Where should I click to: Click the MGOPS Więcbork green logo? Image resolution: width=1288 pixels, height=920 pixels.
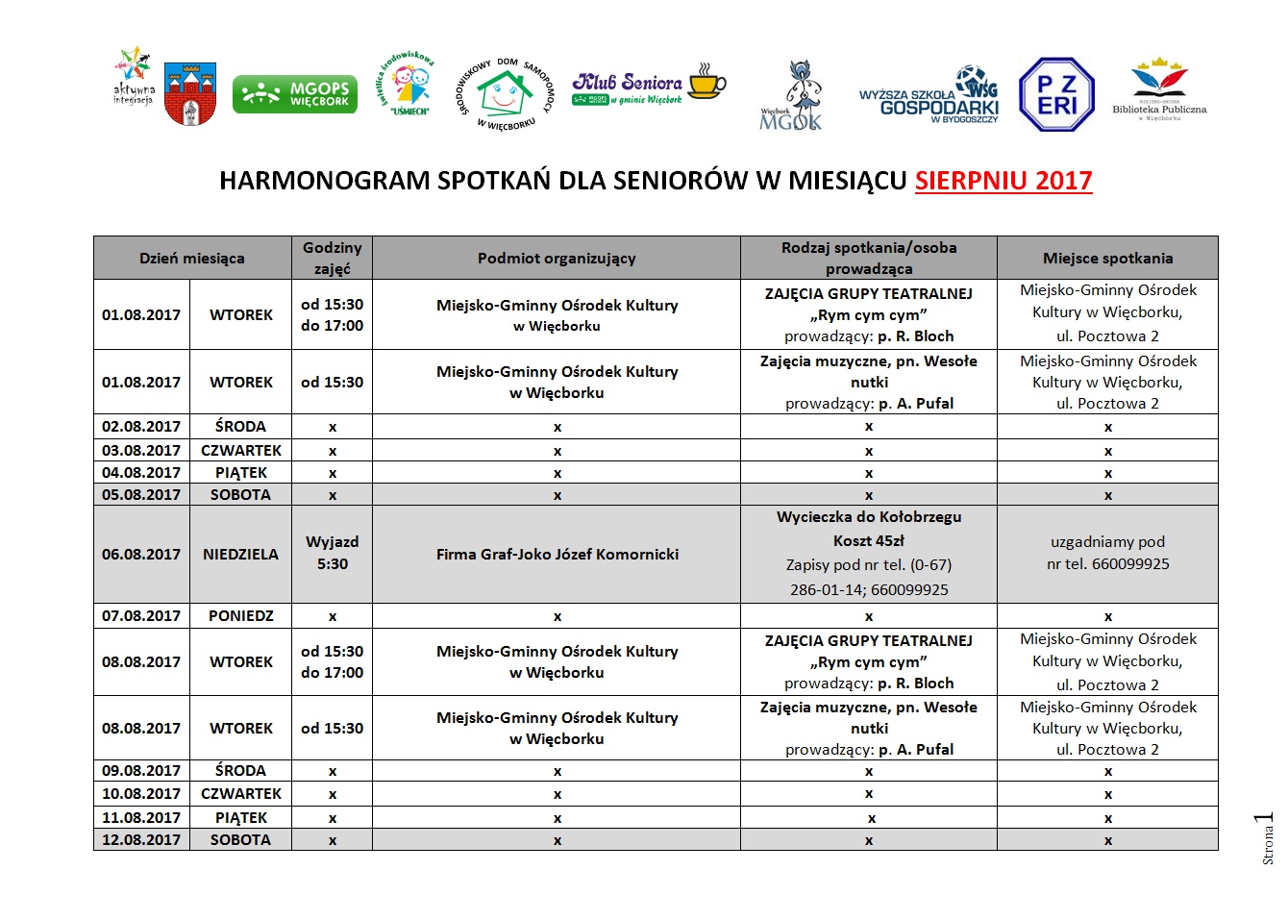[x=294, y=94]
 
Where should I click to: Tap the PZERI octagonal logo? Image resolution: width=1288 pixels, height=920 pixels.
[x=1056, y=94]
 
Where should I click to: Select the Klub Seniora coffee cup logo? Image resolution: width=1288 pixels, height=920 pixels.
[x=649, y=87]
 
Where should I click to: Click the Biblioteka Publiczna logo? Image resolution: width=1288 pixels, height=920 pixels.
[x=1159, y=89]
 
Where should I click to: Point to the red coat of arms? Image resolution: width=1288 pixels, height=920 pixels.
[x=190, y=94]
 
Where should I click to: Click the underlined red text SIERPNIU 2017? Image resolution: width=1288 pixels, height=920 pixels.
[x=1003, y=181]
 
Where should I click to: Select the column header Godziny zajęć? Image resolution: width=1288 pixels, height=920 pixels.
[x=332, y=258]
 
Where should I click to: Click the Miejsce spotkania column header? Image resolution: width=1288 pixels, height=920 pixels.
[x=1107, y=258]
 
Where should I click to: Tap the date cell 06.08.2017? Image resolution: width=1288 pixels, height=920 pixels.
[x=141, y=554]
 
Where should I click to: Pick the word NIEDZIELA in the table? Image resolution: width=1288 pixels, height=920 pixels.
[x=240, y=554]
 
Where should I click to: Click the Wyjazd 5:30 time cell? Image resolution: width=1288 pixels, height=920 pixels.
[x=332, y=553]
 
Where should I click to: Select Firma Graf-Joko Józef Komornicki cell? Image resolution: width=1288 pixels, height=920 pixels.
[x=557, y=554]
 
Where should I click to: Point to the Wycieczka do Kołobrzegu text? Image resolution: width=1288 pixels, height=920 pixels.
[x=868, y=517]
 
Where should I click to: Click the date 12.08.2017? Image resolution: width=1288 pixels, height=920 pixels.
[x=141, y=839]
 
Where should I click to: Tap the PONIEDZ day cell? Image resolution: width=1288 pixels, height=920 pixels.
[x=240, y=615]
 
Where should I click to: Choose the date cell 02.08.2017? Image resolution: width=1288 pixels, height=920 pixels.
[x=141, y=426]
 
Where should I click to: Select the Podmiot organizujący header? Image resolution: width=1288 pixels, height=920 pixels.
[x=557, y=258]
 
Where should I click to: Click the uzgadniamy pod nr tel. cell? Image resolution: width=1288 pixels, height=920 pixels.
[x=1107, y=553]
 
